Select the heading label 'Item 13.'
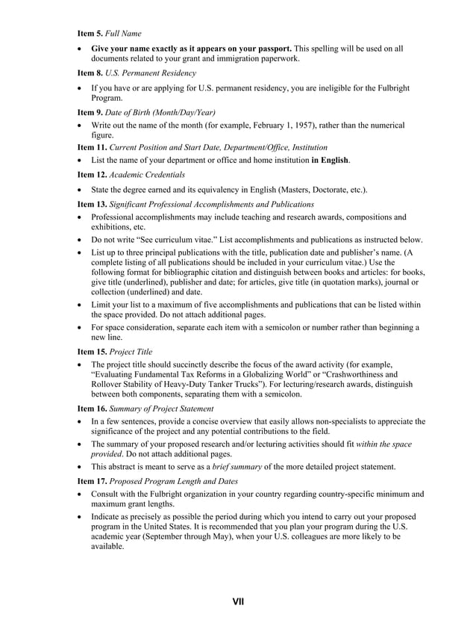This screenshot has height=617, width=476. [93, 204]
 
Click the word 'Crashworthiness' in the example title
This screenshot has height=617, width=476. [356, 374]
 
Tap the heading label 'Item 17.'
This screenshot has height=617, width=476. [93, 481]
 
